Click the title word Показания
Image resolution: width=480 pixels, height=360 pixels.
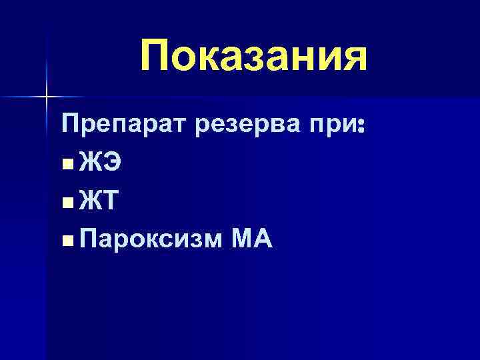click(x=253, y=57)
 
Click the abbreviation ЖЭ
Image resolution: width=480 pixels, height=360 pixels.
click(x=99, y=162)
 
